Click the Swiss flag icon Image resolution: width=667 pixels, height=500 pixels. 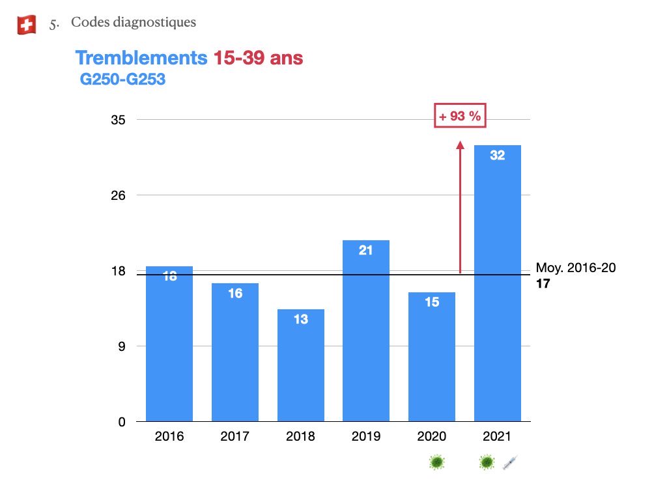click(x=27, y=25)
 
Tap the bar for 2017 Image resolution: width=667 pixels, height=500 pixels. click(x=235, y=352)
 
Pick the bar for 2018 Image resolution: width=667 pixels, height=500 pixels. click(x=300, y=365)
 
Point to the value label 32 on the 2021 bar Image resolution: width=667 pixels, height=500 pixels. click(x=497, y=156)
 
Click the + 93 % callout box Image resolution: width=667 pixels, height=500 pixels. click(x=460, y=117)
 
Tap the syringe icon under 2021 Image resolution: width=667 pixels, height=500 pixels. click(x=509, y=463)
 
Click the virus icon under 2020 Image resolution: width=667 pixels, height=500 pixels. click(x=437, y=463)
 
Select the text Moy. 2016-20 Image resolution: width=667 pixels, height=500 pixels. click(x=575, y=268)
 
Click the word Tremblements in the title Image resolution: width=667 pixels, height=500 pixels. click(x=141, y=58)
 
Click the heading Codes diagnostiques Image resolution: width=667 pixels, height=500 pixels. click(x=133, y=23)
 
